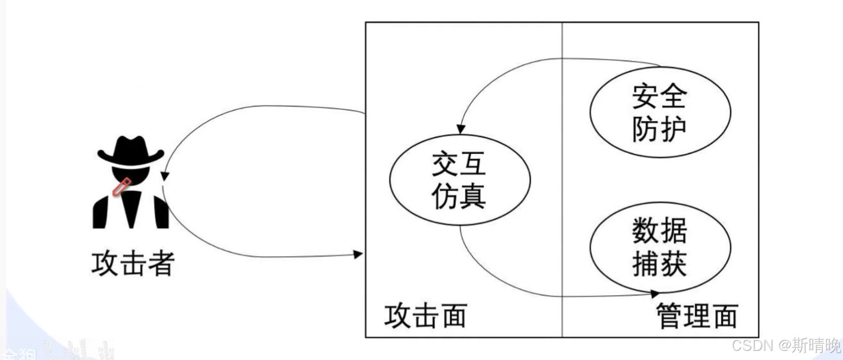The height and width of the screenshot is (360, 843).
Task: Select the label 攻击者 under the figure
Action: tap(133, 264)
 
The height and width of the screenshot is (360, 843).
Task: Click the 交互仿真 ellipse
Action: tap(459, 179)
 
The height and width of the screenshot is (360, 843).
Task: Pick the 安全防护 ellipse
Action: tap(660, 112)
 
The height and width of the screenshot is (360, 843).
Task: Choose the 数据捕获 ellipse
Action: tap(660, 247)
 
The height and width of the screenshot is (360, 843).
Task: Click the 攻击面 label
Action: tap(425, 315)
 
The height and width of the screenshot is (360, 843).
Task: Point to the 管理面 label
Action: tap(697, 315)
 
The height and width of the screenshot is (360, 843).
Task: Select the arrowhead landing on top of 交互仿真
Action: tap(461, 129)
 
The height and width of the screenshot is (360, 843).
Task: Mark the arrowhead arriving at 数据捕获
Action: tap(654, 294)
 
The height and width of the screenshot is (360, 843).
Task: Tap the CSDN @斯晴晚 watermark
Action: tap(786, 344)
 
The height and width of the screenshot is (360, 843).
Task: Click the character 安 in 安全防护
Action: tap(645, 96)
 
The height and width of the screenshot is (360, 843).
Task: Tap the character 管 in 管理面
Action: tap(669, 315)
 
